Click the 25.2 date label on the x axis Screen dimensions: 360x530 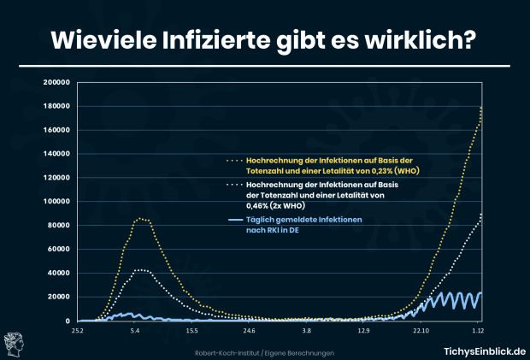click(x=79, y=329)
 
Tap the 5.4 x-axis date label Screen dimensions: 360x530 click(x=135, y=329)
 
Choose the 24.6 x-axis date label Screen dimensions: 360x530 click(x=249, y=329)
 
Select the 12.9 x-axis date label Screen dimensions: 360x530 click(x=363, y=329)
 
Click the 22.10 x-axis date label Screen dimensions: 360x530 click(x=420, y=329)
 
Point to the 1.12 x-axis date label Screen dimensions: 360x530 click(x=477, y=329)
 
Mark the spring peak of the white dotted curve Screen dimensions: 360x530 click(x=141, y=270)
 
